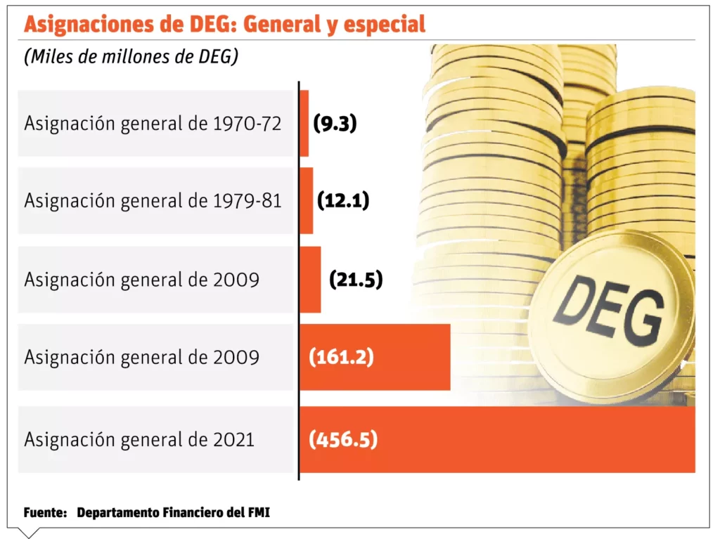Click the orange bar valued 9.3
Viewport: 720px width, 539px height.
304,123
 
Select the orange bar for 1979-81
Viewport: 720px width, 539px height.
306,200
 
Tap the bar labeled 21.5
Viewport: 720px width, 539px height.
310,279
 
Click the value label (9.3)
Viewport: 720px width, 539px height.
335,124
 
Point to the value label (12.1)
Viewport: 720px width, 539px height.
343,201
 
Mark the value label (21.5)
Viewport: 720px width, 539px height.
356,280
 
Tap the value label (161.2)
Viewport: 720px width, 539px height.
341,358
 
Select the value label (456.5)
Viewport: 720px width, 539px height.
343,441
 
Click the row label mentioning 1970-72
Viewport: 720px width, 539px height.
153,124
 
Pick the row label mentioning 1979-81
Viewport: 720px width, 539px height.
153,201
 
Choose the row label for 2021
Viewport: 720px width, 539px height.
139,441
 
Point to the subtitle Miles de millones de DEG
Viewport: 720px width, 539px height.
131,57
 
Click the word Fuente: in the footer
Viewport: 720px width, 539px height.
45,513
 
